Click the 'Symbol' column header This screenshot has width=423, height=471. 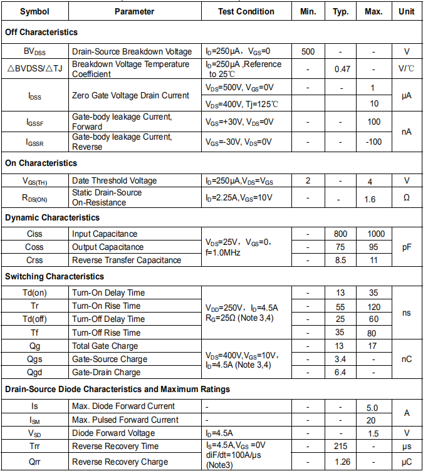click(34, 11)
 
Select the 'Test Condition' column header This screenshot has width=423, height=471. click(246, 11)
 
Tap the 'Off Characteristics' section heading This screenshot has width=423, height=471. click(41, 32)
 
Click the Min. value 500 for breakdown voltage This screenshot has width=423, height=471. click(308, 51)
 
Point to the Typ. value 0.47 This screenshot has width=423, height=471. click(342, 69)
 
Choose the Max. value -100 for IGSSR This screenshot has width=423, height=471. click(374, 142)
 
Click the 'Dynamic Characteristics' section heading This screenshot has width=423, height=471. click(52, 217)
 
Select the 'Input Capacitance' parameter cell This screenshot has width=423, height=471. click(105, 234)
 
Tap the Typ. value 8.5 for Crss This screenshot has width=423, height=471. click(341, 260)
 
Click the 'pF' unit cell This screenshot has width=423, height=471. click(407, 247)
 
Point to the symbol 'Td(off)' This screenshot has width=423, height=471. click(34, 319)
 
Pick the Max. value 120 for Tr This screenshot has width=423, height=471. click(374, 306)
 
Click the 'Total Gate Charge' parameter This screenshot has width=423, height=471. click(105, 346)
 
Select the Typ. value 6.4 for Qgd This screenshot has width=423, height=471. click(341, 372)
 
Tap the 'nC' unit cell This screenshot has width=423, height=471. click(407, 359)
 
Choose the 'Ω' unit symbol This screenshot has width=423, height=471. click(407, 197)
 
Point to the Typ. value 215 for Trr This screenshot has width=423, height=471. click(341, 446)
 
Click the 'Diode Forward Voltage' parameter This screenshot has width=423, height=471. click(113, 433)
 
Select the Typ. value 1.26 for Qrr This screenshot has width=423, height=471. click(342, 462)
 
